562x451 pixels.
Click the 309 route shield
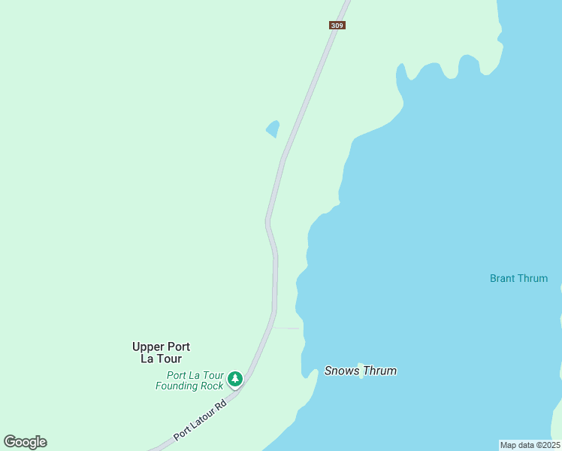[x=337, y=26]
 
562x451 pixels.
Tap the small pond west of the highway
[x=273, y=129]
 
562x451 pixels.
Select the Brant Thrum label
[x=518, y=278]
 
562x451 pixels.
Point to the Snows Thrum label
[x=360, y=371]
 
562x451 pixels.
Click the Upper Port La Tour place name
[x=161, y=353]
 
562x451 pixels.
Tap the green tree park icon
[x=235, y=379]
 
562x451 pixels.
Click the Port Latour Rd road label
[x=199, y=421]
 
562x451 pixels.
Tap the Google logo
[x=25, y=442]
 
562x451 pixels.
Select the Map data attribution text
[x=529, y=445]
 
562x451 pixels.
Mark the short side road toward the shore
[x=287, y=328]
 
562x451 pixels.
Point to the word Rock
[x=213, y=386]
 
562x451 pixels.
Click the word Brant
[x=503, y=278]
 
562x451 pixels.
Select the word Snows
[x=340, y=371]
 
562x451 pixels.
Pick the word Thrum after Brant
[x=533, y=278]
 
